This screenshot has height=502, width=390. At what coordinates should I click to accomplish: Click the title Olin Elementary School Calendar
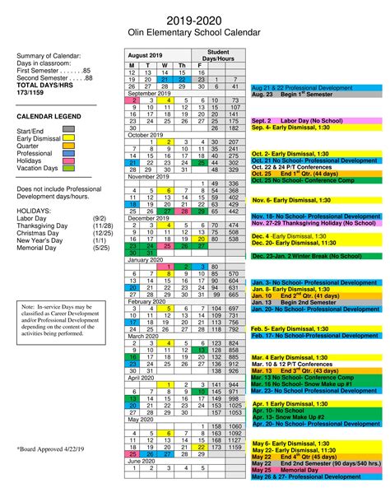click(x=194, y=31)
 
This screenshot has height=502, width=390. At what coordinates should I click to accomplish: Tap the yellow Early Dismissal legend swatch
click(x=68, y=140)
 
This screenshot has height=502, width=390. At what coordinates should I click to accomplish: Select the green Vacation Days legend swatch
click(x=68, y=168)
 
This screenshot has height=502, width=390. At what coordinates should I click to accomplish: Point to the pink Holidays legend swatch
click(x=68, y=159)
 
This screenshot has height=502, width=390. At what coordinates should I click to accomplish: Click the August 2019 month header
click(x=146, y=54)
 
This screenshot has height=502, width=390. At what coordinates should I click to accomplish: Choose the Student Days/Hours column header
click(x=218, y=54)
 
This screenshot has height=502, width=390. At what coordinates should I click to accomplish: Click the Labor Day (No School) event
click(x=295, y=120)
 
